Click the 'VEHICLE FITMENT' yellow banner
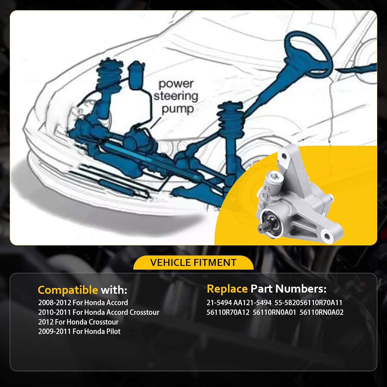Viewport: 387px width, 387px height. tap(193, 263)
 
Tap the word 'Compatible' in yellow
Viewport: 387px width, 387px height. tap(68, 290)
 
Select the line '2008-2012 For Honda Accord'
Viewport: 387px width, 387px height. tap(83, 303)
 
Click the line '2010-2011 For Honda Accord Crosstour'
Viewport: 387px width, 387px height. tap(99, 312)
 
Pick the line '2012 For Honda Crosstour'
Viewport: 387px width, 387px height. tap(78, 322)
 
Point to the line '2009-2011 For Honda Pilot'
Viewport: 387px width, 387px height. tap(79, 332)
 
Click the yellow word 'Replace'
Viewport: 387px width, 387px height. tap(227, 289)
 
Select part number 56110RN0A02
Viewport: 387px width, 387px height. tap(321, 312)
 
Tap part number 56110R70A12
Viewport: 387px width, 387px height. tap(228, 312)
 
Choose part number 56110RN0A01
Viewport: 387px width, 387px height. tap(274, 312)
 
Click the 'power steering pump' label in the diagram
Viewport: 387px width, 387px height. tap(176, 96)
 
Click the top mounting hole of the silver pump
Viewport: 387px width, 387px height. tap(284, 156)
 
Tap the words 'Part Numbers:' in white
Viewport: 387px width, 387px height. tap(288, 289)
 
